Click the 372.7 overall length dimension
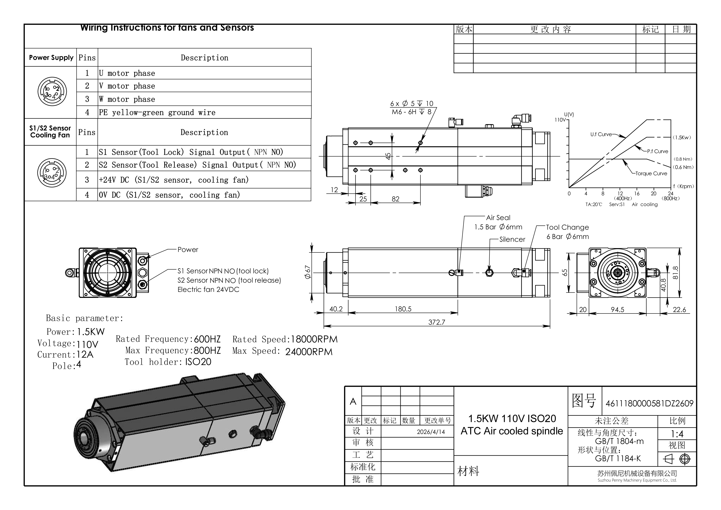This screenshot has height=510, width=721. (x=436, y=322)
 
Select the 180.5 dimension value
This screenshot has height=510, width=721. (x=403, y=309)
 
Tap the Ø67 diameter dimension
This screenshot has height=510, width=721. (x=308, y=272)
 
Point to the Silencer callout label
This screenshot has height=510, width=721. (x=512, y=239)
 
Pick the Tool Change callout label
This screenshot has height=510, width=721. (x=567, y=227)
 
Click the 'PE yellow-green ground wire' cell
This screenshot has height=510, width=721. (x=204, y=112)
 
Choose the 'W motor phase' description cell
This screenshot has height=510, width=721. (x=204, y=99)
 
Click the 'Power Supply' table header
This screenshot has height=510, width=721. (x=51, y=58)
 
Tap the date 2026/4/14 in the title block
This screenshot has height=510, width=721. (x=431, y=432)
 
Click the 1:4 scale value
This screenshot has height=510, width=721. (x=677, y=434)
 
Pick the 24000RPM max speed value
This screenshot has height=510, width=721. (x=309, y=352)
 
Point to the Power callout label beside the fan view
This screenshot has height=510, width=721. (x=188, y=250)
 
